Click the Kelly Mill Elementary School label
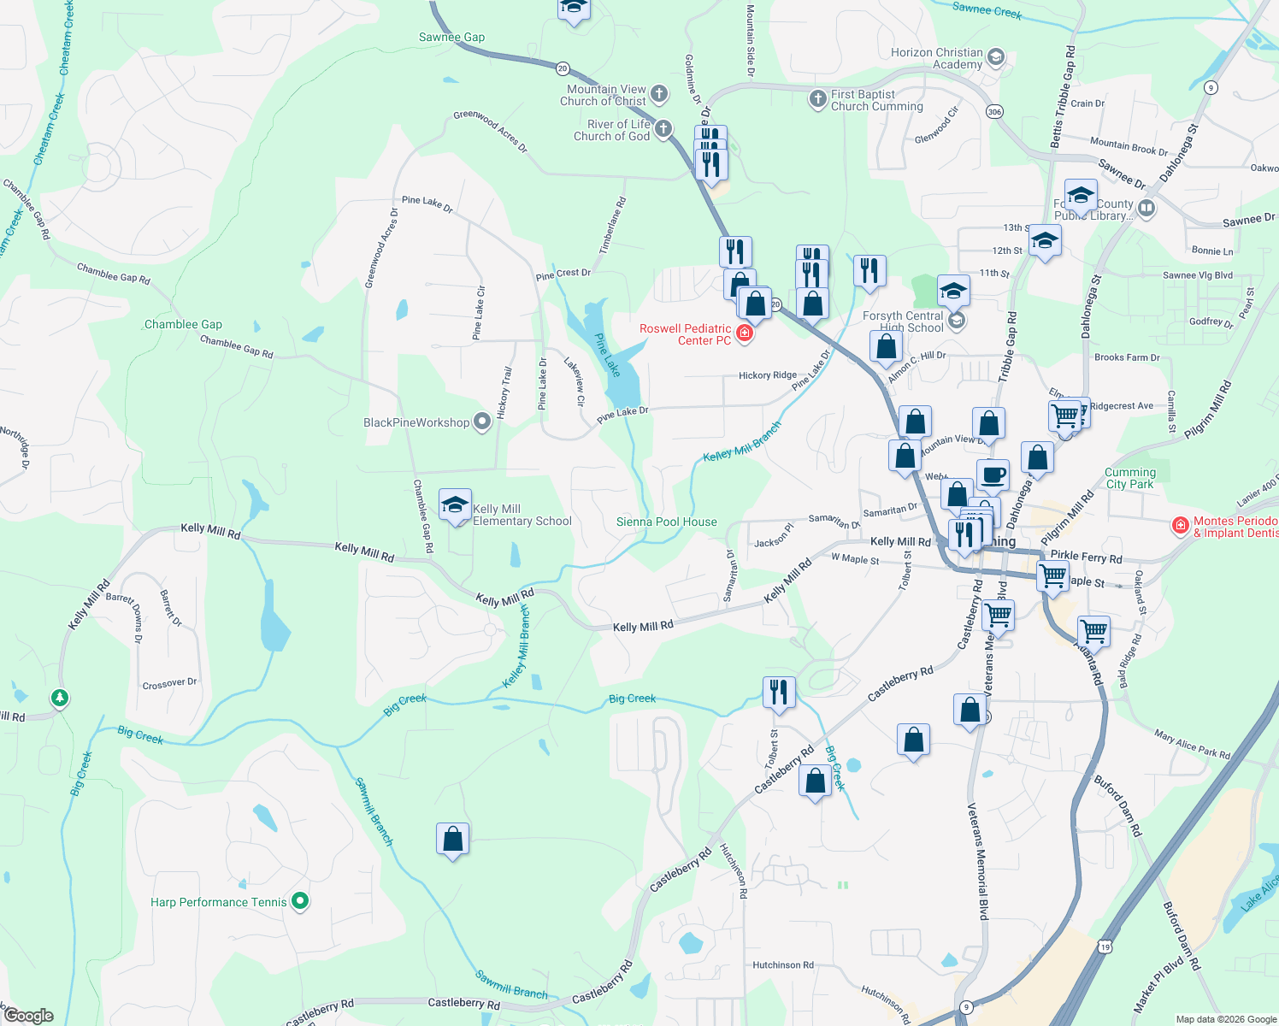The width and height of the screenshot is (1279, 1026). [522, 515]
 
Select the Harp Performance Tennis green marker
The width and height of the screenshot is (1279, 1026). [300, 901]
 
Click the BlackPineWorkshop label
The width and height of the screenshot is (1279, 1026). [416, 422]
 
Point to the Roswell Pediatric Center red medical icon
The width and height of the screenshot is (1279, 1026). [745, 333]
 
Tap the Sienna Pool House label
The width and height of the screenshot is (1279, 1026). [667, 522]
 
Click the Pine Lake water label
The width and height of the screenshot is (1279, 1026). [607, 355]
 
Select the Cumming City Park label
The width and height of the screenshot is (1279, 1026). [1129, 478]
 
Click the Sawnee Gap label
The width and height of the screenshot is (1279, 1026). [451, 37]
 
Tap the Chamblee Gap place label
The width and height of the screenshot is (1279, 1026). [183, 324]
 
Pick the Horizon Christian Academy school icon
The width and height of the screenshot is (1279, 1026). [995, 57]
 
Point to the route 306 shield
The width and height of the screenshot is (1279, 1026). [993, 112]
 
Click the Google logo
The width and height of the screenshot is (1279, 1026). [29, 1016]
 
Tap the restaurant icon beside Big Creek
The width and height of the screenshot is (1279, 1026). [778, 691]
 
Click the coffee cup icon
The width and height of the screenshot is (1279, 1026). [993, 475]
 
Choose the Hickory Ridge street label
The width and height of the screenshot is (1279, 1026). [767, 375]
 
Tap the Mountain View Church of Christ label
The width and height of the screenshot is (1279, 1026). [606, 95]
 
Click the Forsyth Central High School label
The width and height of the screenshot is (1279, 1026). [903, 321]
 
